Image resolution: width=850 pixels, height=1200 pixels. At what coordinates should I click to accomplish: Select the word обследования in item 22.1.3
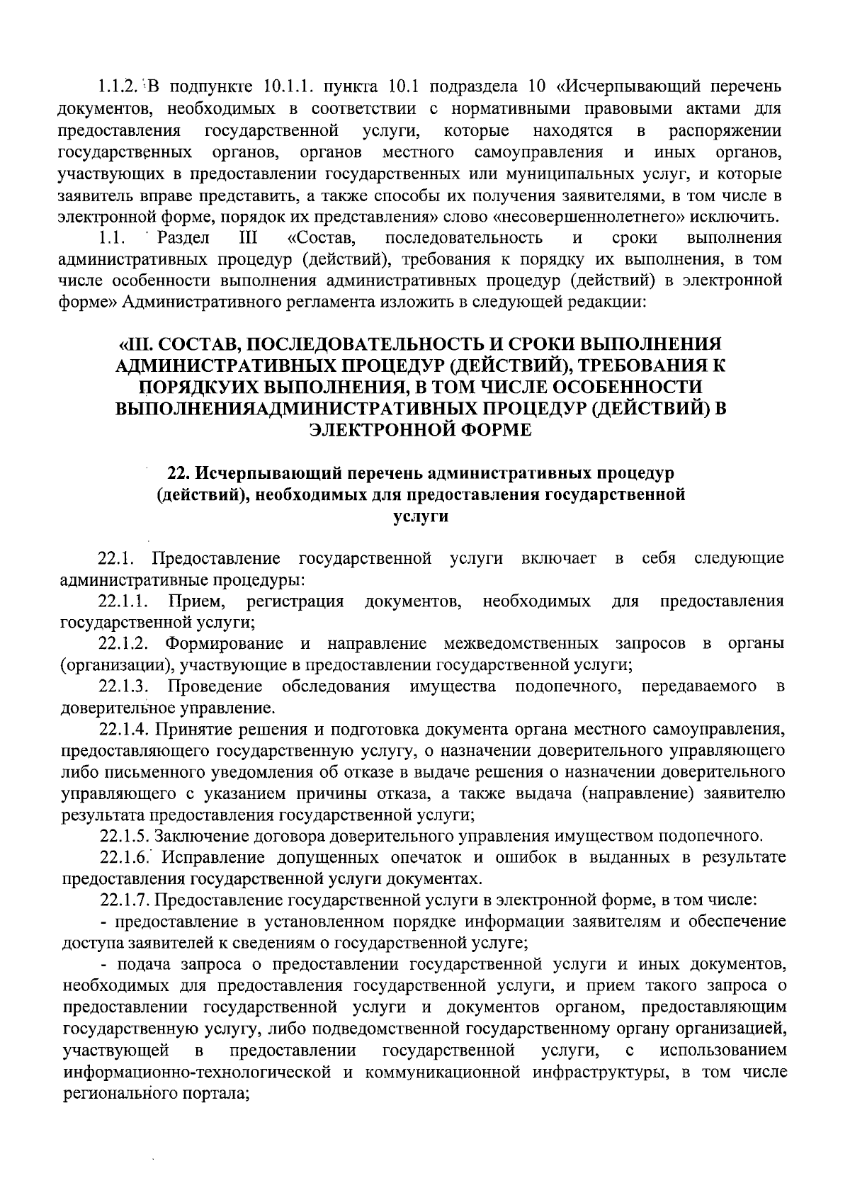[x=336, y=686]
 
